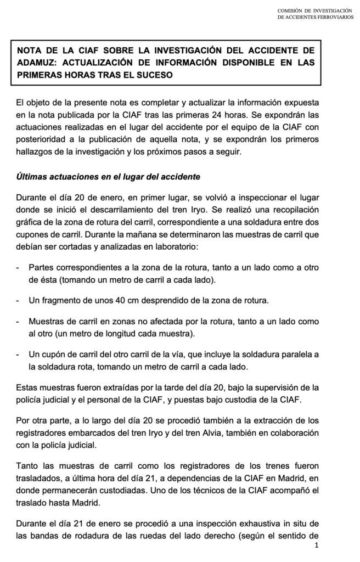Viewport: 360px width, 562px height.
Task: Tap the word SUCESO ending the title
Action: pyautogui.click(x=153, y=75)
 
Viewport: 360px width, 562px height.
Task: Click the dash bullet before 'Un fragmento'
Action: pyautogui.click(x=19, y=301)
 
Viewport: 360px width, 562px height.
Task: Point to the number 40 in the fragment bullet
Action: pyautogui.click(x=104, y=301)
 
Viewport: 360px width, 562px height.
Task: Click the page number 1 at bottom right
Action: pyautogui.click(x=317, y=546)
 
